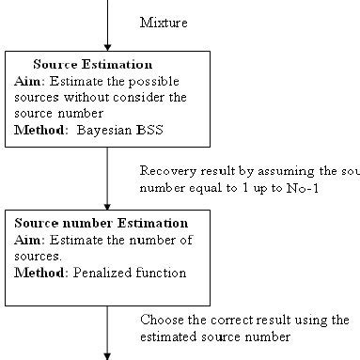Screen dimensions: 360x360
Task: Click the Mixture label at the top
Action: click(161, 20)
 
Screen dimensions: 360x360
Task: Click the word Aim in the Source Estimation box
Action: click(27, 80)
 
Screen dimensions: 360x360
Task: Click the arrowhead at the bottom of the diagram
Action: click(107, 355)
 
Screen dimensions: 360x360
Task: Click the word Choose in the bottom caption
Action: click(162, 319)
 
